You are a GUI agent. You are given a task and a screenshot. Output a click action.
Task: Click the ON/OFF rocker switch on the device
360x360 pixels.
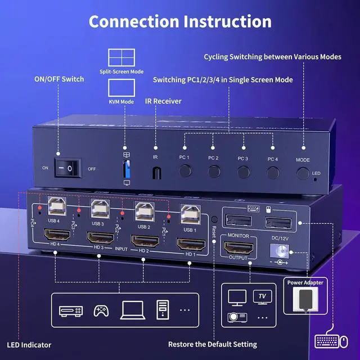tap(67, 168)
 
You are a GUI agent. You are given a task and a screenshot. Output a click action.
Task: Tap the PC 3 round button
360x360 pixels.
tap(243, 172)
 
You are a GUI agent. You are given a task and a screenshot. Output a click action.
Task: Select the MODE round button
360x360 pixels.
tap(303, 173)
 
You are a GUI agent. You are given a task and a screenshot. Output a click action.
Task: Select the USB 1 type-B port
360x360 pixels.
tap(188, 215)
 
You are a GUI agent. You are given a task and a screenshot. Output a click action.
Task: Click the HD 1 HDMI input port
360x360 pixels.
tap(191, 245)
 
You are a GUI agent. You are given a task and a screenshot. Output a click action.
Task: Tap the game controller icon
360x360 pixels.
tap(101, 310)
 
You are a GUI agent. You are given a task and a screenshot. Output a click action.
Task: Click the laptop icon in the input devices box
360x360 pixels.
tap(132, 310)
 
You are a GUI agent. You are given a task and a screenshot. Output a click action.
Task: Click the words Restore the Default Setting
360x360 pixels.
tap(213, 344)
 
